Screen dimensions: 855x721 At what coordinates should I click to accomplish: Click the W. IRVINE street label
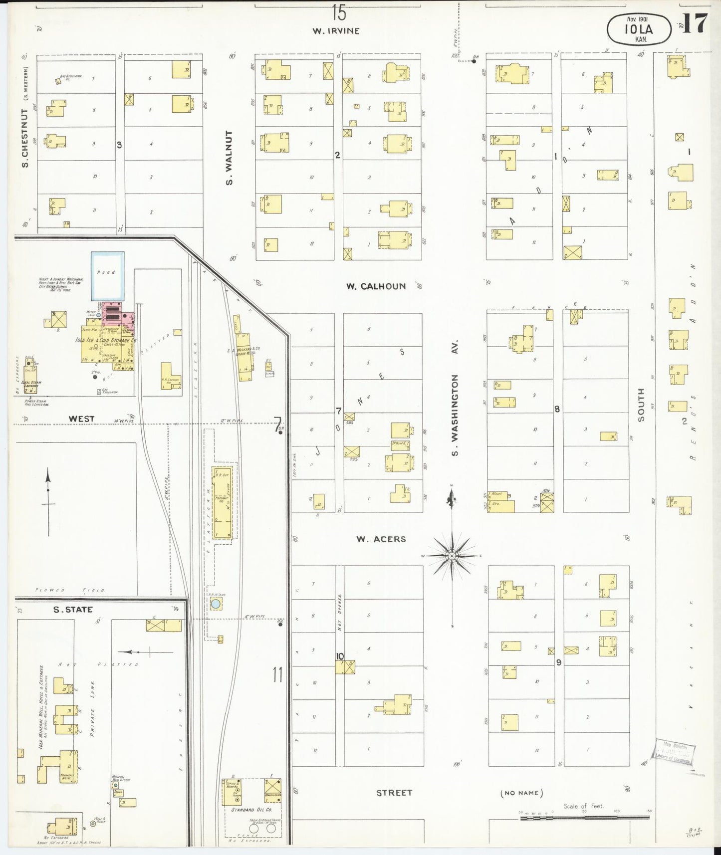coord(336,30)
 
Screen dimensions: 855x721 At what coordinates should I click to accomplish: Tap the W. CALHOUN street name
coord(376,286)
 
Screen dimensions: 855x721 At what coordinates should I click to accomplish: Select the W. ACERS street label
coord(381,539)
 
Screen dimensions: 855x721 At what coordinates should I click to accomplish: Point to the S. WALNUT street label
coord(230,158)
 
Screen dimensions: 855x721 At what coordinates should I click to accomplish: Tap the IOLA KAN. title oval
coord(638,29)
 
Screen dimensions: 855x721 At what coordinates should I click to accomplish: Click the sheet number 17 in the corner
coord(695,23)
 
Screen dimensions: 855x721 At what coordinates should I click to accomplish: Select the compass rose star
coord(452,556)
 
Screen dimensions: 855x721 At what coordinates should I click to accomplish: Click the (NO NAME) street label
coord(521,793)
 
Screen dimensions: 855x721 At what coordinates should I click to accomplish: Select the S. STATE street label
coord(73,610)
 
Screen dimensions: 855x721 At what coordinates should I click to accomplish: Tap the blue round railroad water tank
coord(216,604)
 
